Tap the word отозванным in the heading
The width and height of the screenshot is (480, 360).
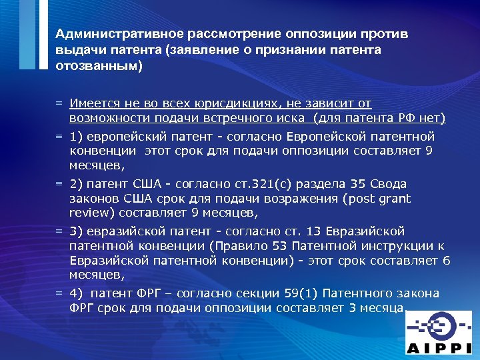[97, 67]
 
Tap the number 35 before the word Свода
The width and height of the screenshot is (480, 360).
[360, 183]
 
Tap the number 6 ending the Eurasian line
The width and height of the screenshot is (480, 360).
[447, 260]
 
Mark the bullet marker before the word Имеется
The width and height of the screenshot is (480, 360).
[59, 104]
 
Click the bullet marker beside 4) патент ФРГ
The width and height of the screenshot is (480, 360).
[59, 293]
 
